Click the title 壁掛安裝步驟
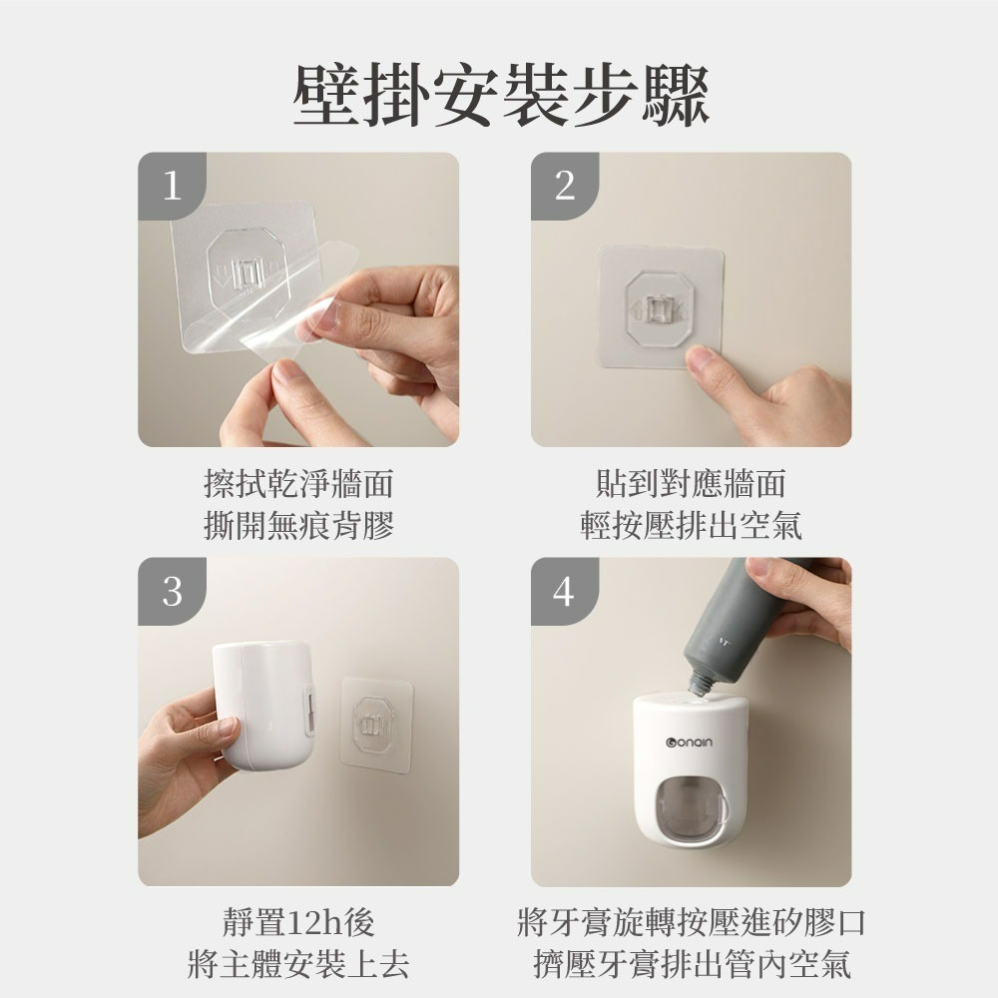[x=499, y=97]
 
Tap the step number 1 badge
[x=172, y=186]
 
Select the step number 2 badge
[x=565, y=186]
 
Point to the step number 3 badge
[x=172, y=591]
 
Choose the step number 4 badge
[x=565, y=591]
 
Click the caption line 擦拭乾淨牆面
[x=298, y=485]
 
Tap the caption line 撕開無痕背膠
[x=298, y=525]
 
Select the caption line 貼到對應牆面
[x=691, y=485]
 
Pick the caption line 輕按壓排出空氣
[x=691, y=525]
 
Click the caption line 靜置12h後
[x=298, y=923]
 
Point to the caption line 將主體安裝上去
[x=298, y=964]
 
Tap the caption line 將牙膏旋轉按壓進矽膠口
[x=691, y=923]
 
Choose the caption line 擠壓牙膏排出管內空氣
[x=691, y=964]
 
